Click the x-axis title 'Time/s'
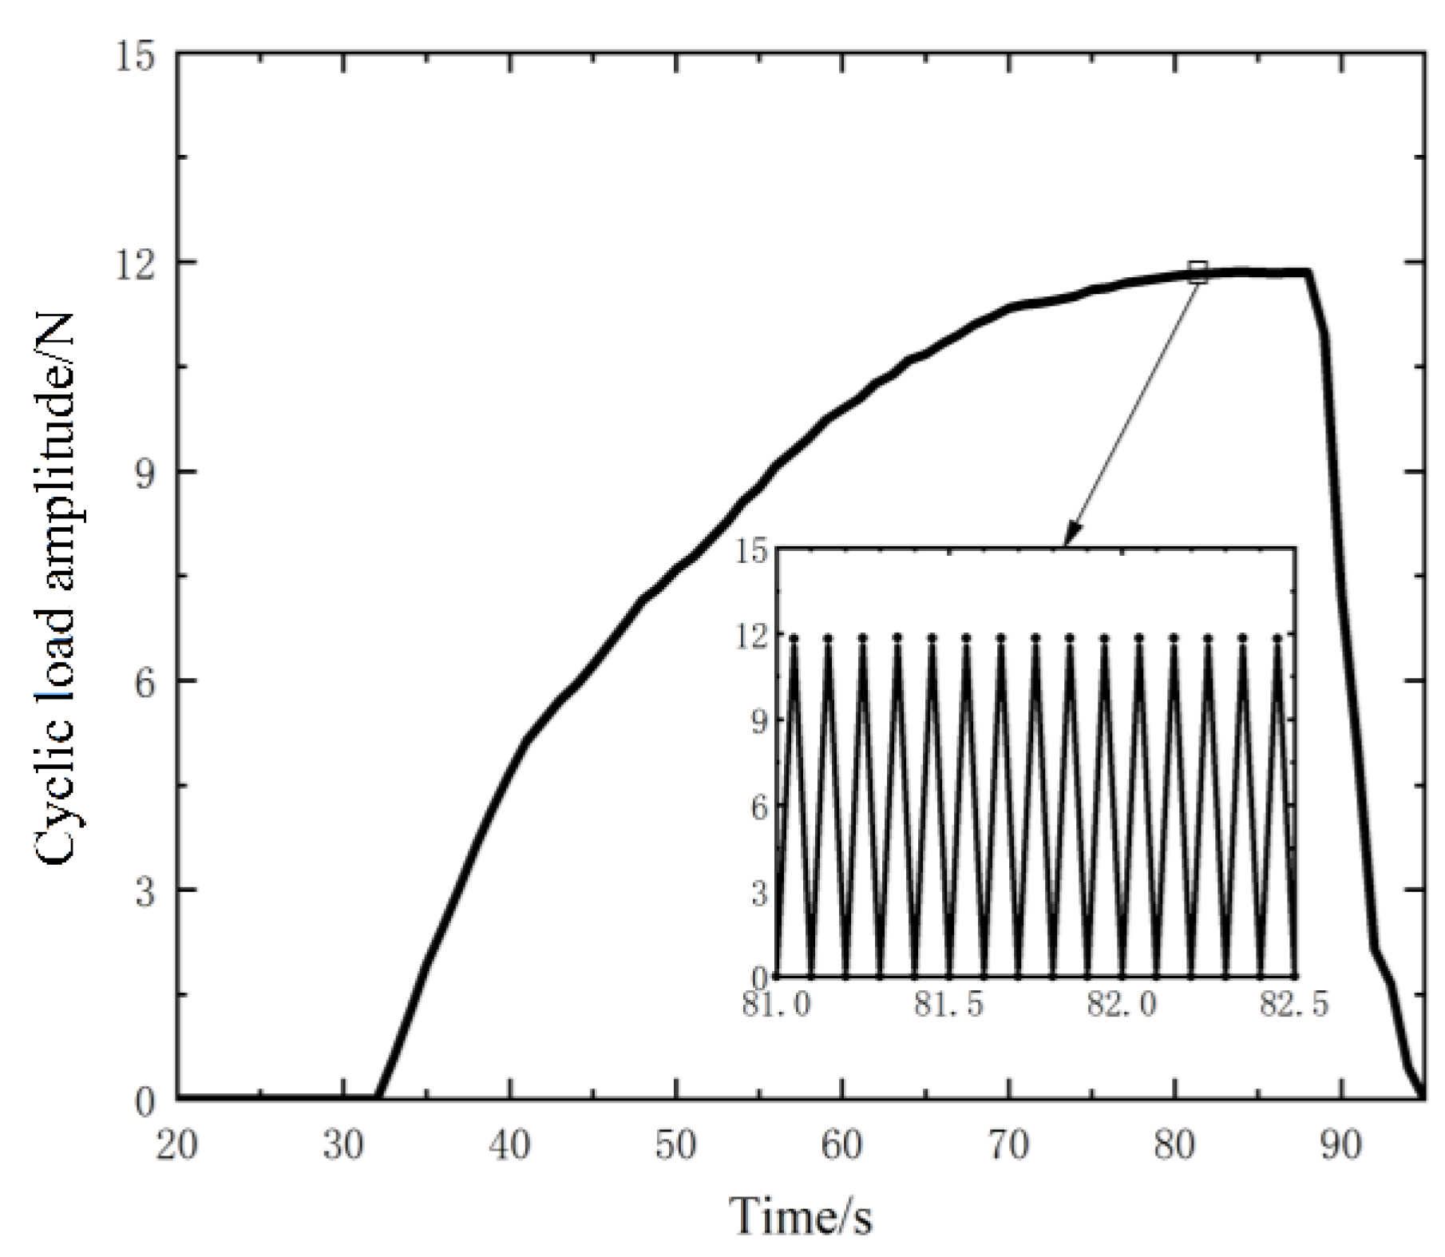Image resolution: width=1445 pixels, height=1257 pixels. click(801, 1216)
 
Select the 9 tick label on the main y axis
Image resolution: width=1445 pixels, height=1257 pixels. click(144, 473)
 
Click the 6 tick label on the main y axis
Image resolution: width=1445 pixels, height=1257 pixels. click(144, 681)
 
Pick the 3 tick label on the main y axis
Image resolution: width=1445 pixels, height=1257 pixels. click(144, 890)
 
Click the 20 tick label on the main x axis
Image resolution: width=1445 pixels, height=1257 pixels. click(176, 1145)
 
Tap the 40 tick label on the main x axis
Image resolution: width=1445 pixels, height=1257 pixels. click(509, 1145)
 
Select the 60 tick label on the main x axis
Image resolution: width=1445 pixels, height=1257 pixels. click(842, 1145)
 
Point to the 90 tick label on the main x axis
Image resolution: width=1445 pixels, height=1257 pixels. click(1341, 1145)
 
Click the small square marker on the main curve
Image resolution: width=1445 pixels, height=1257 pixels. click(1198, 272)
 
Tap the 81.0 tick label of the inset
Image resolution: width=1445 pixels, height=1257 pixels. click(776, 1003)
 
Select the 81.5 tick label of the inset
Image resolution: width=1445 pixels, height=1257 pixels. click(948, 1003)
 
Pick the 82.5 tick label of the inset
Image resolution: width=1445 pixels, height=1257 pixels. click(1294, 1003)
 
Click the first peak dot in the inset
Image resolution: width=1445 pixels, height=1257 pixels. click(794, 638)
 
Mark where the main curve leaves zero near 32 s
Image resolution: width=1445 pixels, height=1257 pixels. click(378, 1096)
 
